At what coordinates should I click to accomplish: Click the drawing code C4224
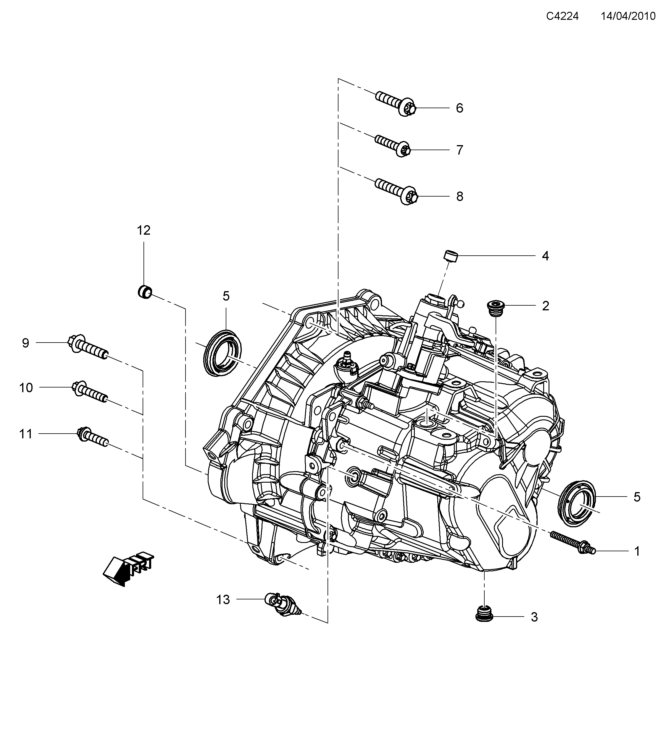562,16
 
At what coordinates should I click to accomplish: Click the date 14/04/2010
628,16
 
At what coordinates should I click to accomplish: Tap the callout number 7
459,150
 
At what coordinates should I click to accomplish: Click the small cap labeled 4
450,256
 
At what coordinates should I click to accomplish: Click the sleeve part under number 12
145,292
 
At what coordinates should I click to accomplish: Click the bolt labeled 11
92,437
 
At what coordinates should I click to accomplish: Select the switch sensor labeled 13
283,605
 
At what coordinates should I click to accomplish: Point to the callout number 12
143,231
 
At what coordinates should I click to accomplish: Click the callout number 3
534,617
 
